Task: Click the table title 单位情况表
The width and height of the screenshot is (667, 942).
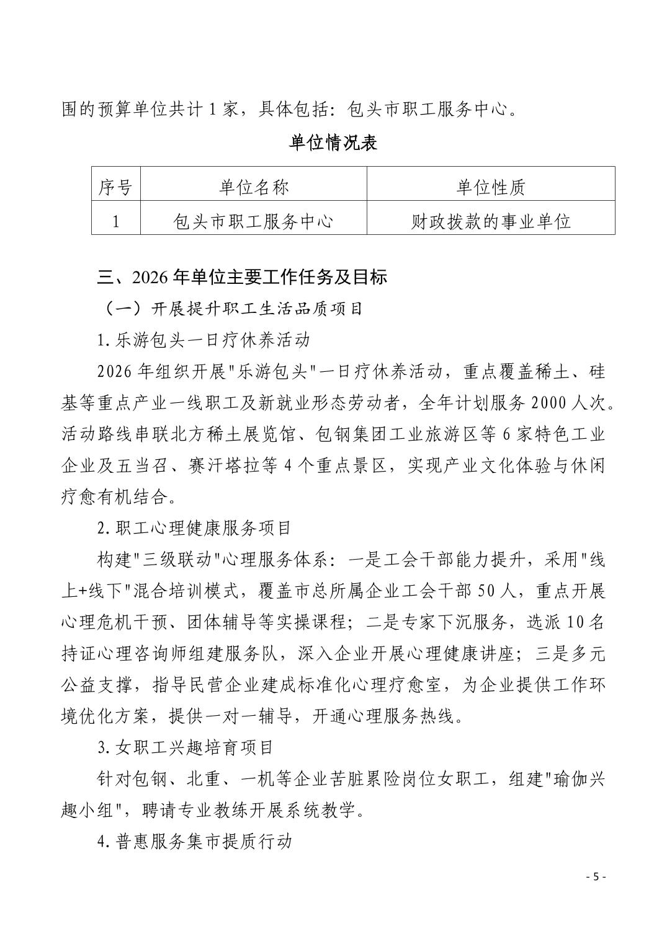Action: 333,143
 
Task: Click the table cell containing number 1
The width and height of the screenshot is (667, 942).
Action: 115,221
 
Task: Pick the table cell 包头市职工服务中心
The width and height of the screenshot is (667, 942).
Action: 253,221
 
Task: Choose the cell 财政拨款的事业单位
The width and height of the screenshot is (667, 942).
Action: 490,221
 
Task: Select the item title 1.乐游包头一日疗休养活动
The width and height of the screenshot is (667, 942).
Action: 203,340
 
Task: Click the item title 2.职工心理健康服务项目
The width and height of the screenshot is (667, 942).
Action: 194,528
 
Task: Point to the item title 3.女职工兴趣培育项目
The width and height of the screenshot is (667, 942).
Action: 186,747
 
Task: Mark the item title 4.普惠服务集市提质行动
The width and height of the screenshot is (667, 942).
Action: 194,842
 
